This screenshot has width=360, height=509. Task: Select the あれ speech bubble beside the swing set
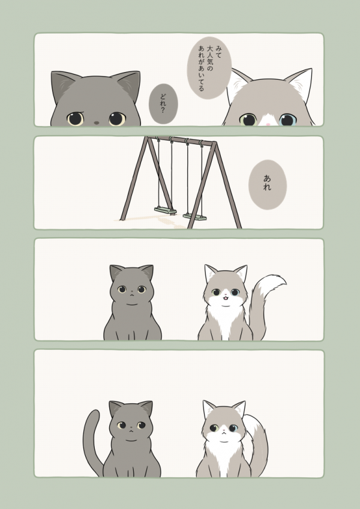tap(267, 184)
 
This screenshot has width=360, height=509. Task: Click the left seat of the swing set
tap(165, 210)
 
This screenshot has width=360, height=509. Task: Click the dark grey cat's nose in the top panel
tap(96, 122)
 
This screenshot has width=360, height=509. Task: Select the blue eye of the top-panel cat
tap(287, 119)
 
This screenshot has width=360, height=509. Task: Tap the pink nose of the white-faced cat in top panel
tap(268, 124)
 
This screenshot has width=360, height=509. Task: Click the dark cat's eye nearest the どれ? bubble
tap(116, 118)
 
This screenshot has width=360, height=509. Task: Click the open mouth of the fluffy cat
tap(223, 297)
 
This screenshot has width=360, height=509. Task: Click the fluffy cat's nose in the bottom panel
tap(222, 430)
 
